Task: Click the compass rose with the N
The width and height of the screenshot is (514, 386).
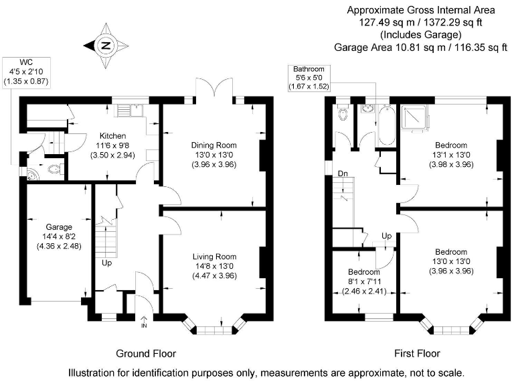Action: [105, 46]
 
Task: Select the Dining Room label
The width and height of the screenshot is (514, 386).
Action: [213, 145]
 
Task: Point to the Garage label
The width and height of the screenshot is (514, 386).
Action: [58, 227]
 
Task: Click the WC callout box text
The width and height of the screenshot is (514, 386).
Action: [26, 72]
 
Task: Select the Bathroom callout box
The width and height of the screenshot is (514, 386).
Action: [307, 78]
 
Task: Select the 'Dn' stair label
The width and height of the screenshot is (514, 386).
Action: [342, 173]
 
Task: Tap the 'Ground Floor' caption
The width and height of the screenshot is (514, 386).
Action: [146, 353]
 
